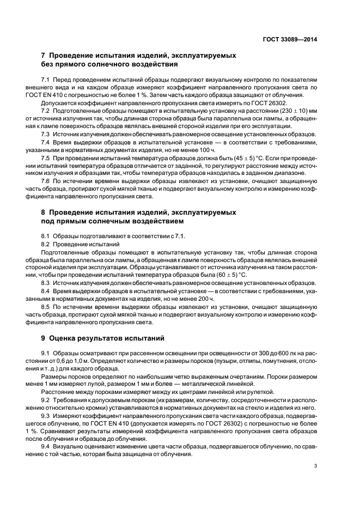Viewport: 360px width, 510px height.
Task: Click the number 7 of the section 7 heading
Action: tap(44, 56)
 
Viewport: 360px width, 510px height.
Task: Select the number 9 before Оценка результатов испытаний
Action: tap(44, 338)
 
